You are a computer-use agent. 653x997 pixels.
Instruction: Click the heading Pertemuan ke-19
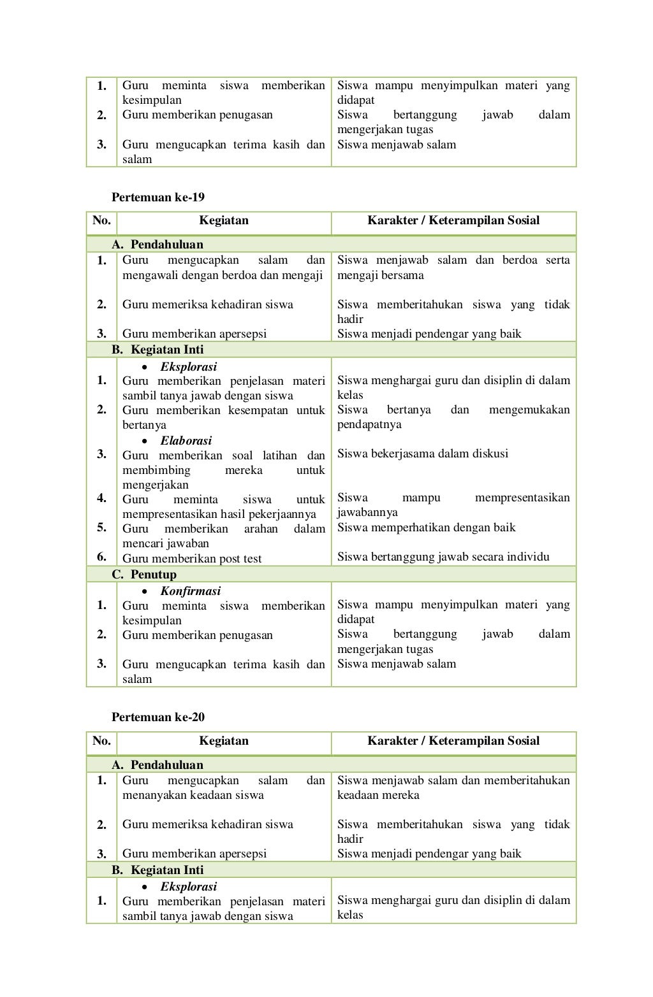tap(158, 197)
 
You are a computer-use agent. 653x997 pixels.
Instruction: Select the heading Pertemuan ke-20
tap(158, 717)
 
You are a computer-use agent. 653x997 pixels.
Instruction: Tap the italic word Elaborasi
tap(186, 441)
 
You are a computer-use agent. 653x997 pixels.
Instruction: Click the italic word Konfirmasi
tap(190, 591)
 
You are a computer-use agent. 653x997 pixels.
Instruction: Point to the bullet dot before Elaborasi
tap(146, 441)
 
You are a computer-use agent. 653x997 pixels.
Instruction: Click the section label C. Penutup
tap(144, 575)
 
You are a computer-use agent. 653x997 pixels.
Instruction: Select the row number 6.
tap(101, 557)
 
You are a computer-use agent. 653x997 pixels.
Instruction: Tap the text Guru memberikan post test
tap(192, 559)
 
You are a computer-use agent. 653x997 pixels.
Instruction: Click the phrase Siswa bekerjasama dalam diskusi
tap(422, 454)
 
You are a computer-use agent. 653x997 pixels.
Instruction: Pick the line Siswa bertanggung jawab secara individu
tap(443, 557)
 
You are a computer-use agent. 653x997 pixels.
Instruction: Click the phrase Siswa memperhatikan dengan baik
tap(426, 527)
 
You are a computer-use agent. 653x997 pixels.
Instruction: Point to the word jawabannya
tap(367, 513)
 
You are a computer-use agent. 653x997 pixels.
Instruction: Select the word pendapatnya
tap(369, 425)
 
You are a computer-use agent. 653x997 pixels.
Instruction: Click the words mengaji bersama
tap(380, 276)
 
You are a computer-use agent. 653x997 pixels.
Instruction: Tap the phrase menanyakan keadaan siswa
tap(193, 795)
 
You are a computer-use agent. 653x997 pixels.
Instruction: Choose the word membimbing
tap(156, 470)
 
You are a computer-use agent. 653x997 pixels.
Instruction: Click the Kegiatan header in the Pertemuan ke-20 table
tap(223, 741)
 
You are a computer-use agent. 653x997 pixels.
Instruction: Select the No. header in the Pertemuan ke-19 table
tap(101, 221)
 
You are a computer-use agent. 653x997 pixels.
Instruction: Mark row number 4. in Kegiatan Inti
tap(101, 498)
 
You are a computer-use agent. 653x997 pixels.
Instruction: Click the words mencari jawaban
tap(166, 543)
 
